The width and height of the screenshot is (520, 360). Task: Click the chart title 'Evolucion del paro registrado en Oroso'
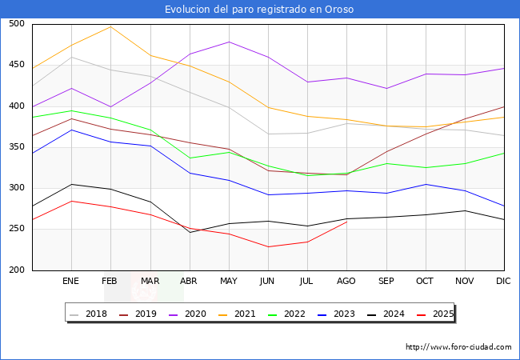(259, 10)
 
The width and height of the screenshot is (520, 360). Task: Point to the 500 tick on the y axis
(15, 24)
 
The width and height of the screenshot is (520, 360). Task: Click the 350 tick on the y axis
(15, 147)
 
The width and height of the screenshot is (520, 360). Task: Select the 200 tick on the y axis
(15, 270)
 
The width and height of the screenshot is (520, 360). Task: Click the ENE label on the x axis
(71, 282)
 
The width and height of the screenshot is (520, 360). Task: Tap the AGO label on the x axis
(346, 282)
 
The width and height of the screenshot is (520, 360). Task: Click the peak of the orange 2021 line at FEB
(110, 26)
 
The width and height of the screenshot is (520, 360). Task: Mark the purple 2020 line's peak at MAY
(229, 42)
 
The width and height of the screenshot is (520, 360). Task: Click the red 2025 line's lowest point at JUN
(268, 246)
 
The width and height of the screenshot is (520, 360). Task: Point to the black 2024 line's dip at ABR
(190, 232)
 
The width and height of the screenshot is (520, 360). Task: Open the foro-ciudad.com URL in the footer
(458, 347)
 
